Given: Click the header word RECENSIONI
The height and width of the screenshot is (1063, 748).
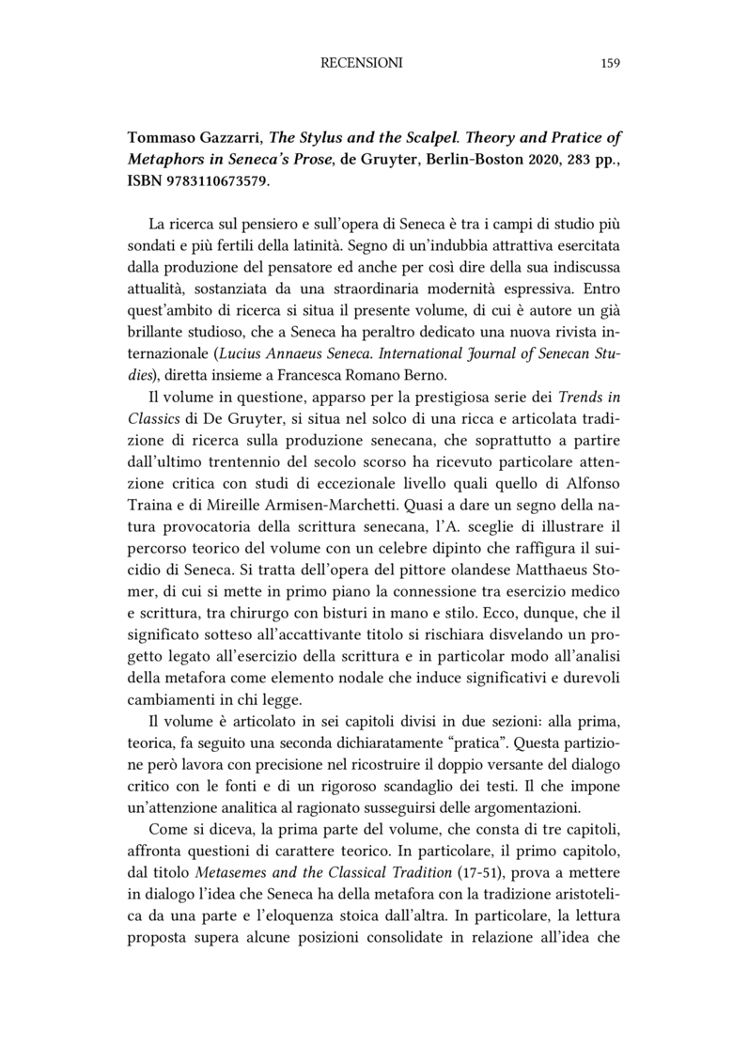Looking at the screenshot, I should tap(361, 63).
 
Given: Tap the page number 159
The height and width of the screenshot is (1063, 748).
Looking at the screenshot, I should tap(609, 63).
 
